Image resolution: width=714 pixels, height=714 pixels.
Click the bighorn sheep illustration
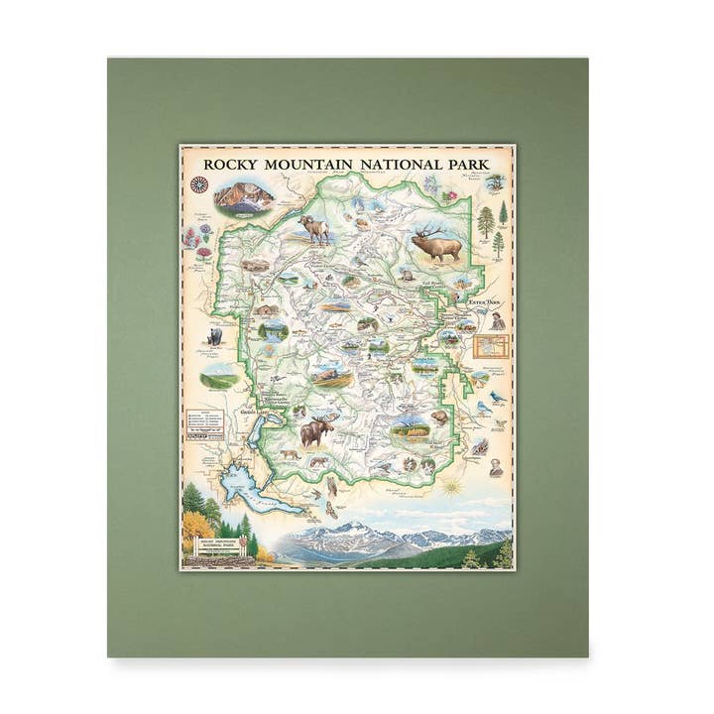coord(316,229)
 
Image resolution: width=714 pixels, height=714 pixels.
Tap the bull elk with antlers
coord(436,241)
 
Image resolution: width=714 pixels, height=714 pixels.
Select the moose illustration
coord(318,431)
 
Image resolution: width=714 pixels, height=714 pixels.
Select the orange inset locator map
coord(492,345)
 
